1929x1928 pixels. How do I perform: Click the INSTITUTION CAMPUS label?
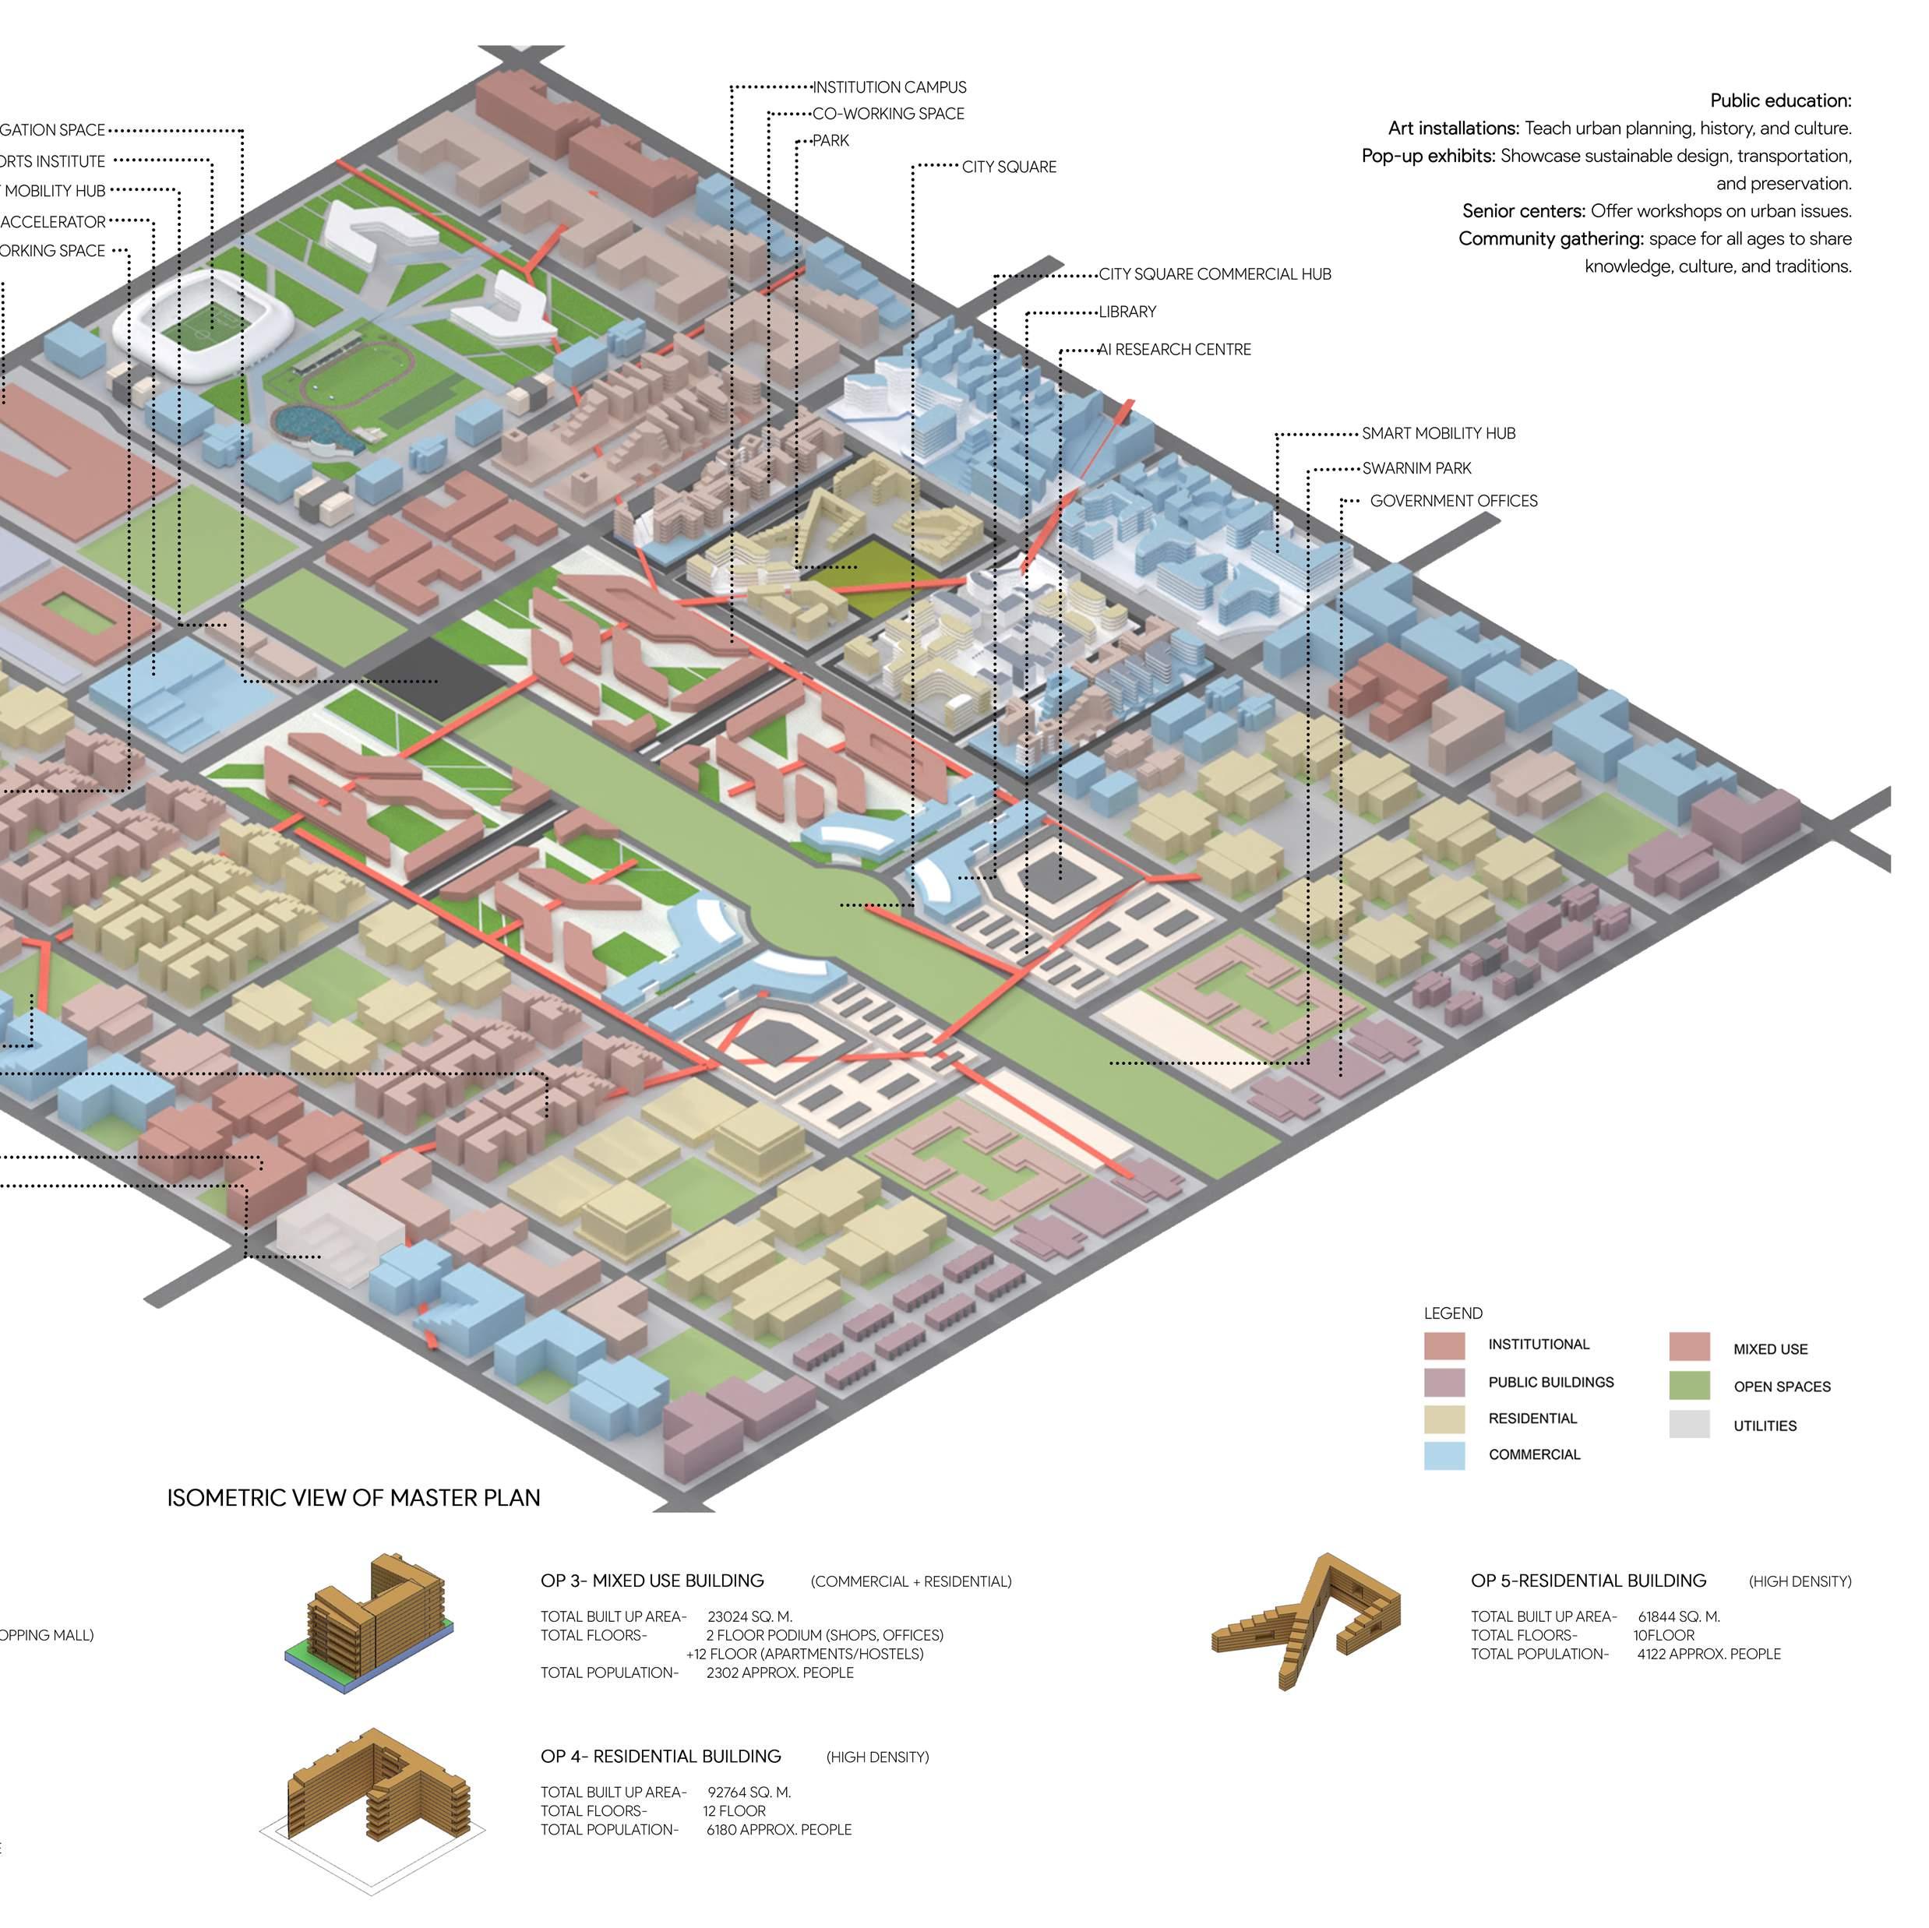889,88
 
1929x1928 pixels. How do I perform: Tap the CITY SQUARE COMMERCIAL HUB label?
1214,274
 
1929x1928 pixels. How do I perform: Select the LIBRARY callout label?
1127,312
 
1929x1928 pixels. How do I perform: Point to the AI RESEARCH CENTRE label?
1174,350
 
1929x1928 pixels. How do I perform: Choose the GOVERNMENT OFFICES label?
1453,501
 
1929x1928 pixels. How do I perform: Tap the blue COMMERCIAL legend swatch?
1444,1454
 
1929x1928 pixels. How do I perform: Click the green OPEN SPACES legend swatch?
1688,1386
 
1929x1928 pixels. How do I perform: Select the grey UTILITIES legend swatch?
1688,1425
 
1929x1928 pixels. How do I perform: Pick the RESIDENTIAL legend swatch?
1444,1419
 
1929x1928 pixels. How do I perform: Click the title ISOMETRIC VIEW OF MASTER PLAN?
354,1498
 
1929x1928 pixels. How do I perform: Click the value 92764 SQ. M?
749,1792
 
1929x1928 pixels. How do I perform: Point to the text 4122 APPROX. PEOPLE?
1709,1655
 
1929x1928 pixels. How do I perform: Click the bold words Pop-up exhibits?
1429,157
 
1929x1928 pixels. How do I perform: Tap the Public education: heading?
1780,100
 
